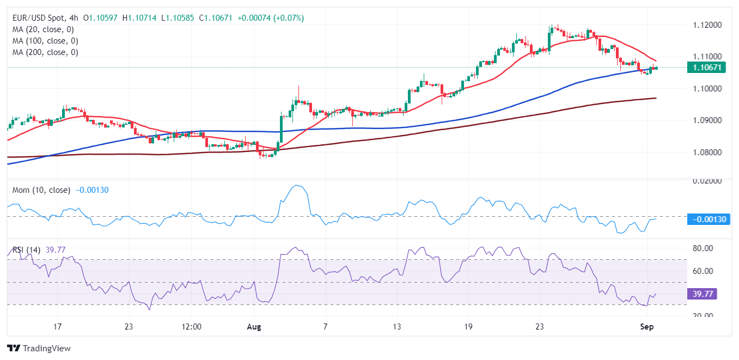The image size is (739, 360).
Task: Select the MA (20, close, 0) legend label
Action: coord(42,29)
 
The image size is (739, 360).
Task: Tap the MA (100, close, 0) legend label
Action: coord(45,41)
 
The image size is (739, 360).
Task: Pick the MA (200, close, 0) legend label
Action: coord(45,52)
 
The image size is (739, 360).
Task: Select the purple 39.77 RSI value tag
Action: coord(702,294)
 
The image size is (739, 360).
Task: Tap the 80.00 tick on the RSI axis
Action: coord(702,248)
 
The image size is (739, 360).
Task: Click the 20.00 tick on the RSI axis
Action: coord(702,316)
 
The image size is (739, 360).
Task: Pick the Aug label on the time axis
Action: coord(254,327)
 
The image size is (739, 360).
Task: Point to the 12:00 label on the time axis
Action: coord(192,327)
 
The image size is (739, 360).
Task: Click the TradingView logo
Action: coord(39,348)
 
